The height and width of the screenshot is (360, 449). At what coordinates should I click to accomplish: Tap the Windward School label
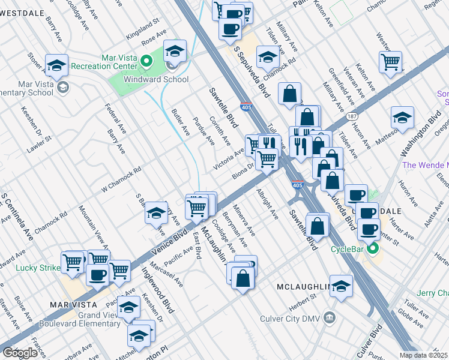click(x=156, y=79)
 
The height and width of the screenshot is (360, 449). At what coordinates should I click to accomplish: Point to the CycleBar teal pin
click(x=373, y=248)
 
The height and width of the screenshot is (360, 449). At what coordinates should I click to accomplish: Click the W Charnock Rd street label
click(x=121, y=178)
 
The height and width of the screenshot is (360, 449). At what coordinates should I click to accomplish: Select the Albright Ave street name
click(x=267, y=205)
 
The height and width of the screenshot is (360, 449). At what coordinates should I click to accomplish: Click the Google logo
click(x=20, y=353)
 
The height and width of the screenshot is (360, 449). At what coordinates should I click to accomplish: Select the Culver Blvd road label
click(x=376, y=338)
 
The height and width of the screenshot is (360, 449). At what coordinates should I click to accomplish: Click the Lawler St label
click(x=39, y=145)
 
